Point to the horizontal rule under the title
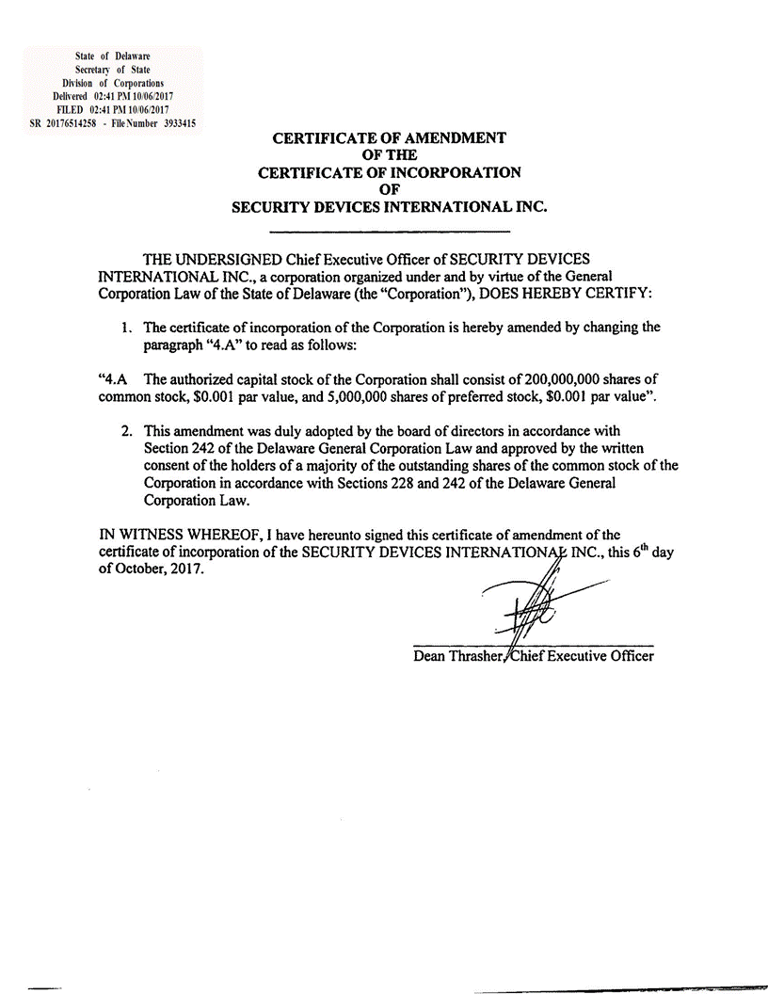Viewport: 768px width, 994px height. (390, 232)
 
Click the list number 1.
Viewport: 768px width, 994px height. (124, 328)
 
